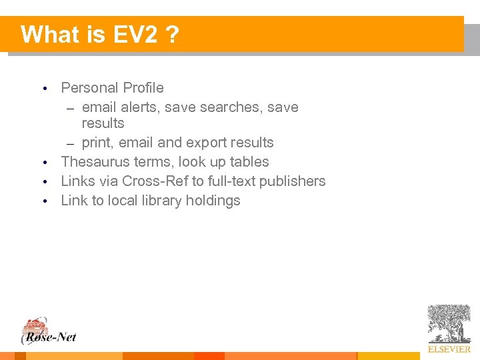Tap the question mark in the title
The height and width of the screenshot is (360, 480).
(173, 34)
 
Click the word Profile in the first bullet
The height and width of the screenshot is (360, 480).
(143, 88)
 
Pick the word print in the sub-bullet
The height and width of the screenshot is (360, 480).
(97, 143)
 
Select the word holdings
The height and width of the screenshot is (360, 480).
(215, 201)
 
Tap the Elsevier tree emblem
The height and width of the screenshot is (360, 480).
(449, 324)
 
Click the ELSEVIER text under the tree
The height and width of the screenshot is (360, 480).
(449, 349)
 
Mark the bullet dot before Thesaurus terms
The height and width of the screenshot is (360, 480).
(44, 163)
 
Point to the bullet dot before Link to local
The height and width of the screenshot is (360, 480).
(44, 201)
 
